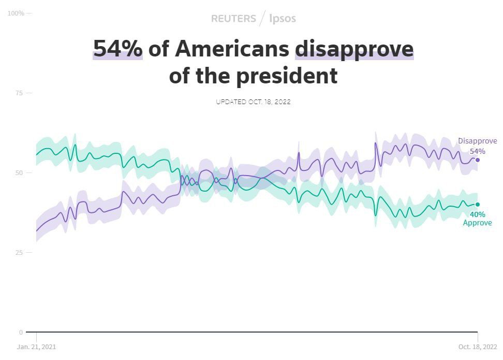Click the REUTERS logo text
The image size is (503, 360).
pyautogui.click(x=233, y=19)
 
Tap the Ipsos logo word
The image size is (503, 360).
pyautogui.click(x=283, y=19)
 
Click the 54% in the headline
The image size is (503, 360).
pyautogui.click(x=117, y=49)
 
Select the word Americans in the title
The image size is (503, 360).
pyautogui.click(x=232, y=49)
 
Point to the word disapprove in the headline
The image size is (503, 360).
pyautogui.click(x=354, y=49)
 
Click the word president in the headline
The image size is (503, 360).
pyautogui.click(x=282, y=76)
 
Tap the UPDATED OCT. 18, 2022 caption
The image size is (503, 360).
pyautogui.click(x=253, y=102)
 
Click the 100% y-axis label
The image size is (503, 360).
pyautogui.click(x=16, y=13)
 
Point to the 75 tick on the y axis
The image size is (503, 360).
pyautogui.click(x=20, y=93)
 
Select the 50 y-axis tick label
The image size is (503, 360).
pyautogui.click(x=20, y=172)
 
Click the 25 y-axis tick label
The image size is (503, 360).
pyautogui.click(x=20, y=252)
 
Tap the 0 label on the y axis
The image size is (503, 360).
pyautogui.click(x=21, y=332)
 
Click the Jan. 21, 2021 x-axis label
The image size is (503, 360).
pyautogui.click(x=36, y=347)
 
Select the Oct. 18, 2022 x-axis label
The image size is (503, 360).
pyautogui.click(x=477, y=347)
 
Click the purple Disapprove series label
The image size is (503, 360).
pyautogui.click(x=477, y=141)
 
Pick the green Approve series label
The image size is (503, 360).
pyautogui.click(x=477, y=223)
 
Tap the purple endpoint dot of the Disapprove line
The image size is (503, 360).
pyautogui.click(x=478, y=160)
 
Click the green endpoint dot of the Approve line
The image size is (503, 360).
pyautogui.click(x=478, y=205)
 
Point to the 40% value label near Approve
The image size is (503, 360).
pyautogui.click(x=477, y=214)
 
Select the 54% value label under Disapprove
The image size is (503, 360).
pyautogui.click(x=477, y=151)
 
